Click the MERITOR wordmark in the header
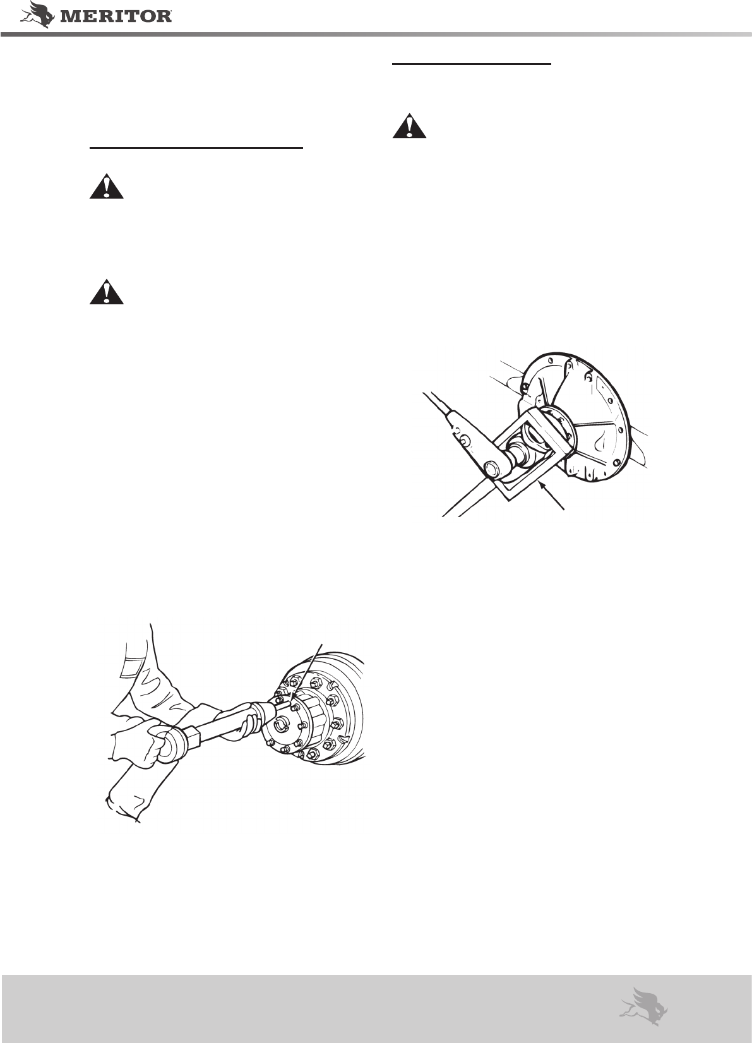[116, 17]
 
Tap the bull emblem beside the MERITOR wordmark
[37, 15]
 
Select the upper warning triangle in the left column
[107, 186]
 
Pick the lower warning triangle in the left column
[107, 292]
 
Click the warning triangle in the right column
[409, 126]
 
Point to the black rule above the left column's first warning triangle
[196, 148]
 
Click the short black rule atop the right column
[472, 64]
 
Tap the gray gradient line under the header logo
[376, 35]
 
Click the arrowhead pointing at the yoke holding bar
[542, 486]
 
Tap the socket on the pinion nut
[518, 453]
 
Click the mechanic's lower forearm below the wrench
[140, 787]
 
